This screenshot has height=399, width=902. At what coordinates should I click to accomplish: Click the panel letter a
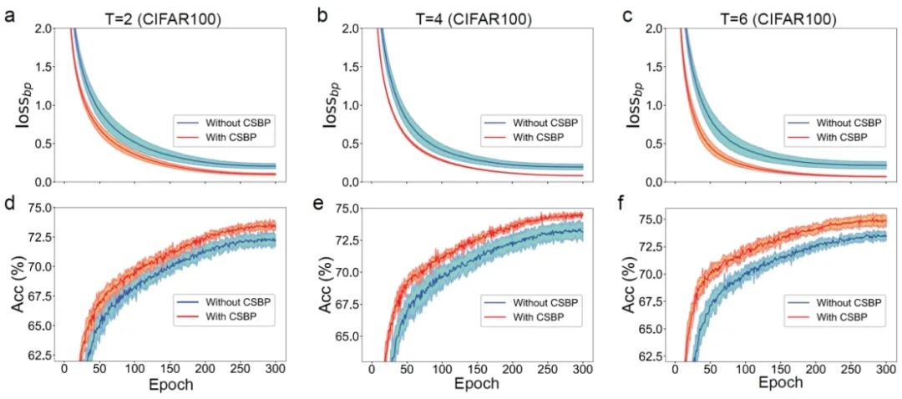coord(10,15)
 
